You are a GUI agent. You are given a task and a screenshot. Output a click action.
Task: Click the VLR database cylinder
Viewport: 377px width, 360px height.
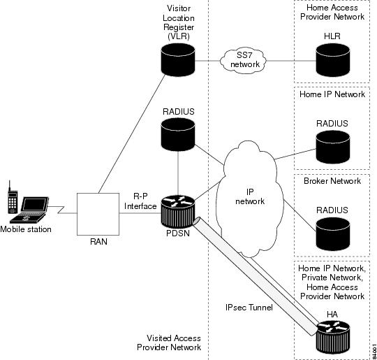[x=178, y=59]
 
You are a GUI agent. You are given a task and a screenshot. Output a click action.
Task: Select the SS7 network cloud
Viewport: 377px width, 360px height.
[x=244, y=60]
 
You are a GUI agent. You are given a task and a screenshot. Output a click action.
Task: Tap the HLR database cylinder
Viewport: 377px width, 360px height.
[x=332, y=60]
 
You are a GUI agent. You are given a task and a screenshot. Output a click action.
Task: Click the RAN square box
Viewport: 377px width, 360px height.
[x=98, y=214]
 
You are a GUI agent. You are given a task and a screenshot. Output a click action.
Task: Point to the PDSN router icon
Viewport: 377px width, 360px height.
[x=178, y=211]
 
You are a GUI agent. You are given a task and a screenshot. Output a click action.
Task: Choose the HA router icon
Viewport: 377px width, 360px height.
[x=333, y=337]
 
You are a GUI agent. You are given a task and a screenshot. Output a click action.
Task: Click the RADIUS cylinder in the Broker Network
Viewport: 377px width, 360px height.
[x=332, y=233]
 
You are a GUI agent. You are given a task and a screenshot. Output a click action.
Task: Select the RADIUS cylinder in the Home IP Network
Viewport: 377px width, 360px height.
[x=332, y=147]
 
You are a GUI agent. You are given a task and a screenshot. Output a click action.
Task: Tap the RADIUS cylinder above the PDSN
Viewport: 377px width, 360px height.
[x=178, y=134]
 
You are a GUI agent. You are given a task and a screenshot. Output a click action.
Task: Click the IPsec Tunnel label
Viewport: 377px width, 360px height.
[x=249, y=308]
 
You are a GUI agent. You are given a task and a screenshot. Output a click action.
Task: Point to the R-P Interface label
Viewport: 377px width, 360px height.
[x=140, y=201]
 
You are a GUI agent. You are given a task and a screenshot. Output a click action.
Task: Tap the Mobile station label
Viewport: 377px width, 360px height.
[x=26, y=229]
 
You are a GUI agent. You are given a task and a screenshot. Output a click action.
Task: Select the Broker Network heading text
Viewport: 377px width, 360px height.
[x=332, y=181]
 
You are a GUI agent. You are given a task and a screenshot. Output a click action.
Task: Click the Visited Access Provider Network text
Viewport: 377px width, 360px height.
[x=169, y=343]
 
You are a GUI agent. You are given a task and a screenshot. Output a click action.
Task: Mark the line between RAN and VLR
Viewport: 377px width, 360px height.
[x=132, y=134]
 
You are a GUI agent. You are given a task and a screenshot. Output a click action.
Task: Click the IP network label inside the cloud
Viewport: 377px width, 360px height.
[x=250, y=196]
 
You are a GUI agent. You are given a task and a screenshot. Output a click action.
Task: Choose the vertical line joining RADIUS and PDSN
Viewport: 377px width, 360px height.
[x=178, y=173]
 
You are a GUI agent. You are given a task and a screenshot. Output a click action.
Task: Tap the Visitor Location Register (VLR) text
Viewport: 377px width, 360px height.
[x=179, y=22]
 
